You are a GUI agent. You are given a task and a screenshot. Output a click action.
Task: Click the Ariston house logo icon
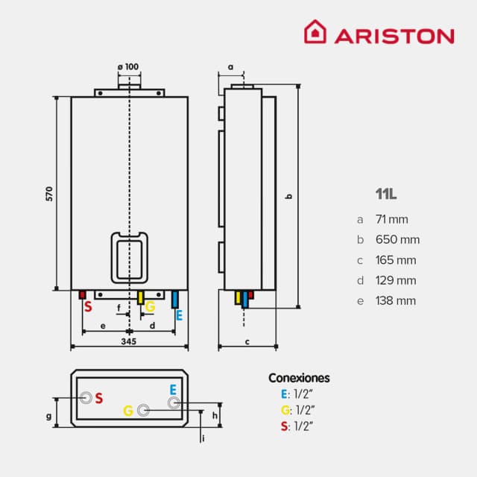point(315,34)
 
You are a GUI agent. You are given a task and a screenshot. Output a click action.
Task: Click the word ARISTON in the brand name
point(393,35)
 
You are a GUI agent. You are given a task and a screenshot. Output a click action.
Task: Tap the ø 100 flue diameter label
point(128,67)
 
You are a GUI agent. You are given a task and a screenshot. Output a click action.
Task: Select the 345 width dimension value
point(128,341)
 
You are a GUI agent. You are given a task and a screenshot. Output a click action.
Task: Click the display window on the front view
point(130,257)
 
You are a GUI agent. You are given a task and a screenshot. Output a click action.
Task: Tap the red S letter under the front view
point(87,307)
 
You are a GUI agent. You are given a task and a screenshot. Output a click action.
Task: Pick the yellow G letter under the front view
point(150,307)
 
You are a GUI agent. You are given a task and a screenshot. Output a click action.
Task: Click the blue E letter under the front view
point(179,315)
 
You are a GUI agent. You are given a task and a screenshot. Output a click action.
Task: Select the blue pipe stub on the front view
point(175,299)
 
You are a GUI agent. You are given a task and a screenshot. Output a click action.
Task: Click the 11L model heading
point(386,194)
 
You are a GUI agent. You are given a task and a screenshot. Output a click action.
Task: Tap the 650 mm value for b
point(398,240)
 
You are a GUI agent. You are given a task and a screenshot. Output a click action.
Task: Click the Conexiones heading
point(298,378)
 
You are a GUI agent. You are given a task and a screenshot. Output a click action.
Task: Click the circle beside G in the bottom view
point(145,409)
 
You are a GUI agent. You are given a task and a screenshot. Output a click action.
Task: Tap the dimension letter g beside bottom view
point(48,416)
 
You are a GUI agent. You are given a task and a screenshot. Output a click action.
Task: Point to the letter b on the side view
point(290,196)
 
